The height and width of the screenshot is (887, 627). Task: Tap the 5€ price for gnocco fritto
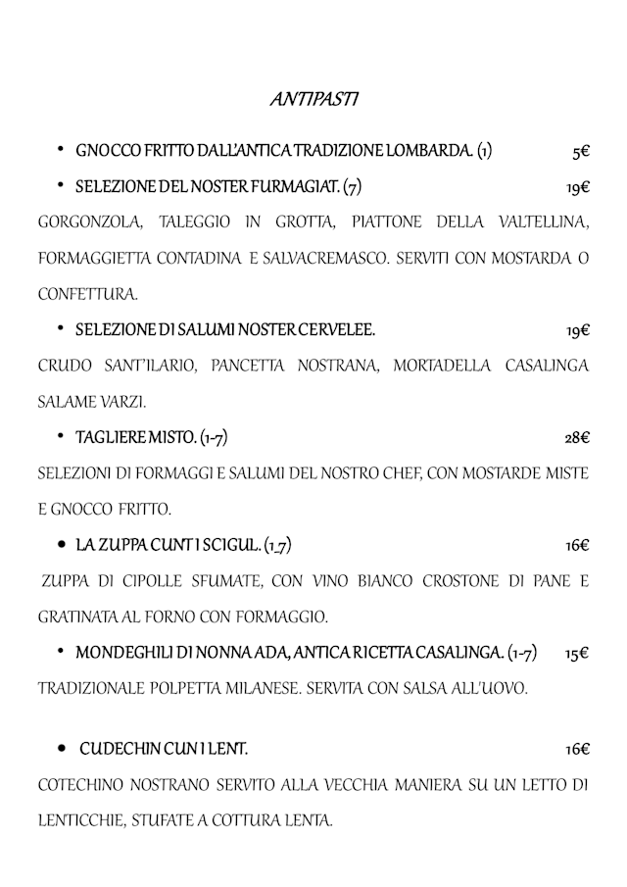pos(580,152)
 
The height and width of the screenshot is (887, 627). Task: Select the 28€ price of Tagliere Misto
pos(577,437)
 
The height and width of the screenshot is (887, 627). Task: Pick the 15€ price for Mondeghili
pos(577,653)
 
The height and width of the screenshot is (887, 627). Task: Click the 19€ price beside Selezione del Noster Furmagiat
pos(577,186)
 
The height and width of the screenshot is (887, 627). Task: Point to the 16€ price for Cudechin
pos(577,750)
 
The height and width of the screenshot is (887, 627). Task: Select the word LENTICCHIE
pos(80,820)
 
